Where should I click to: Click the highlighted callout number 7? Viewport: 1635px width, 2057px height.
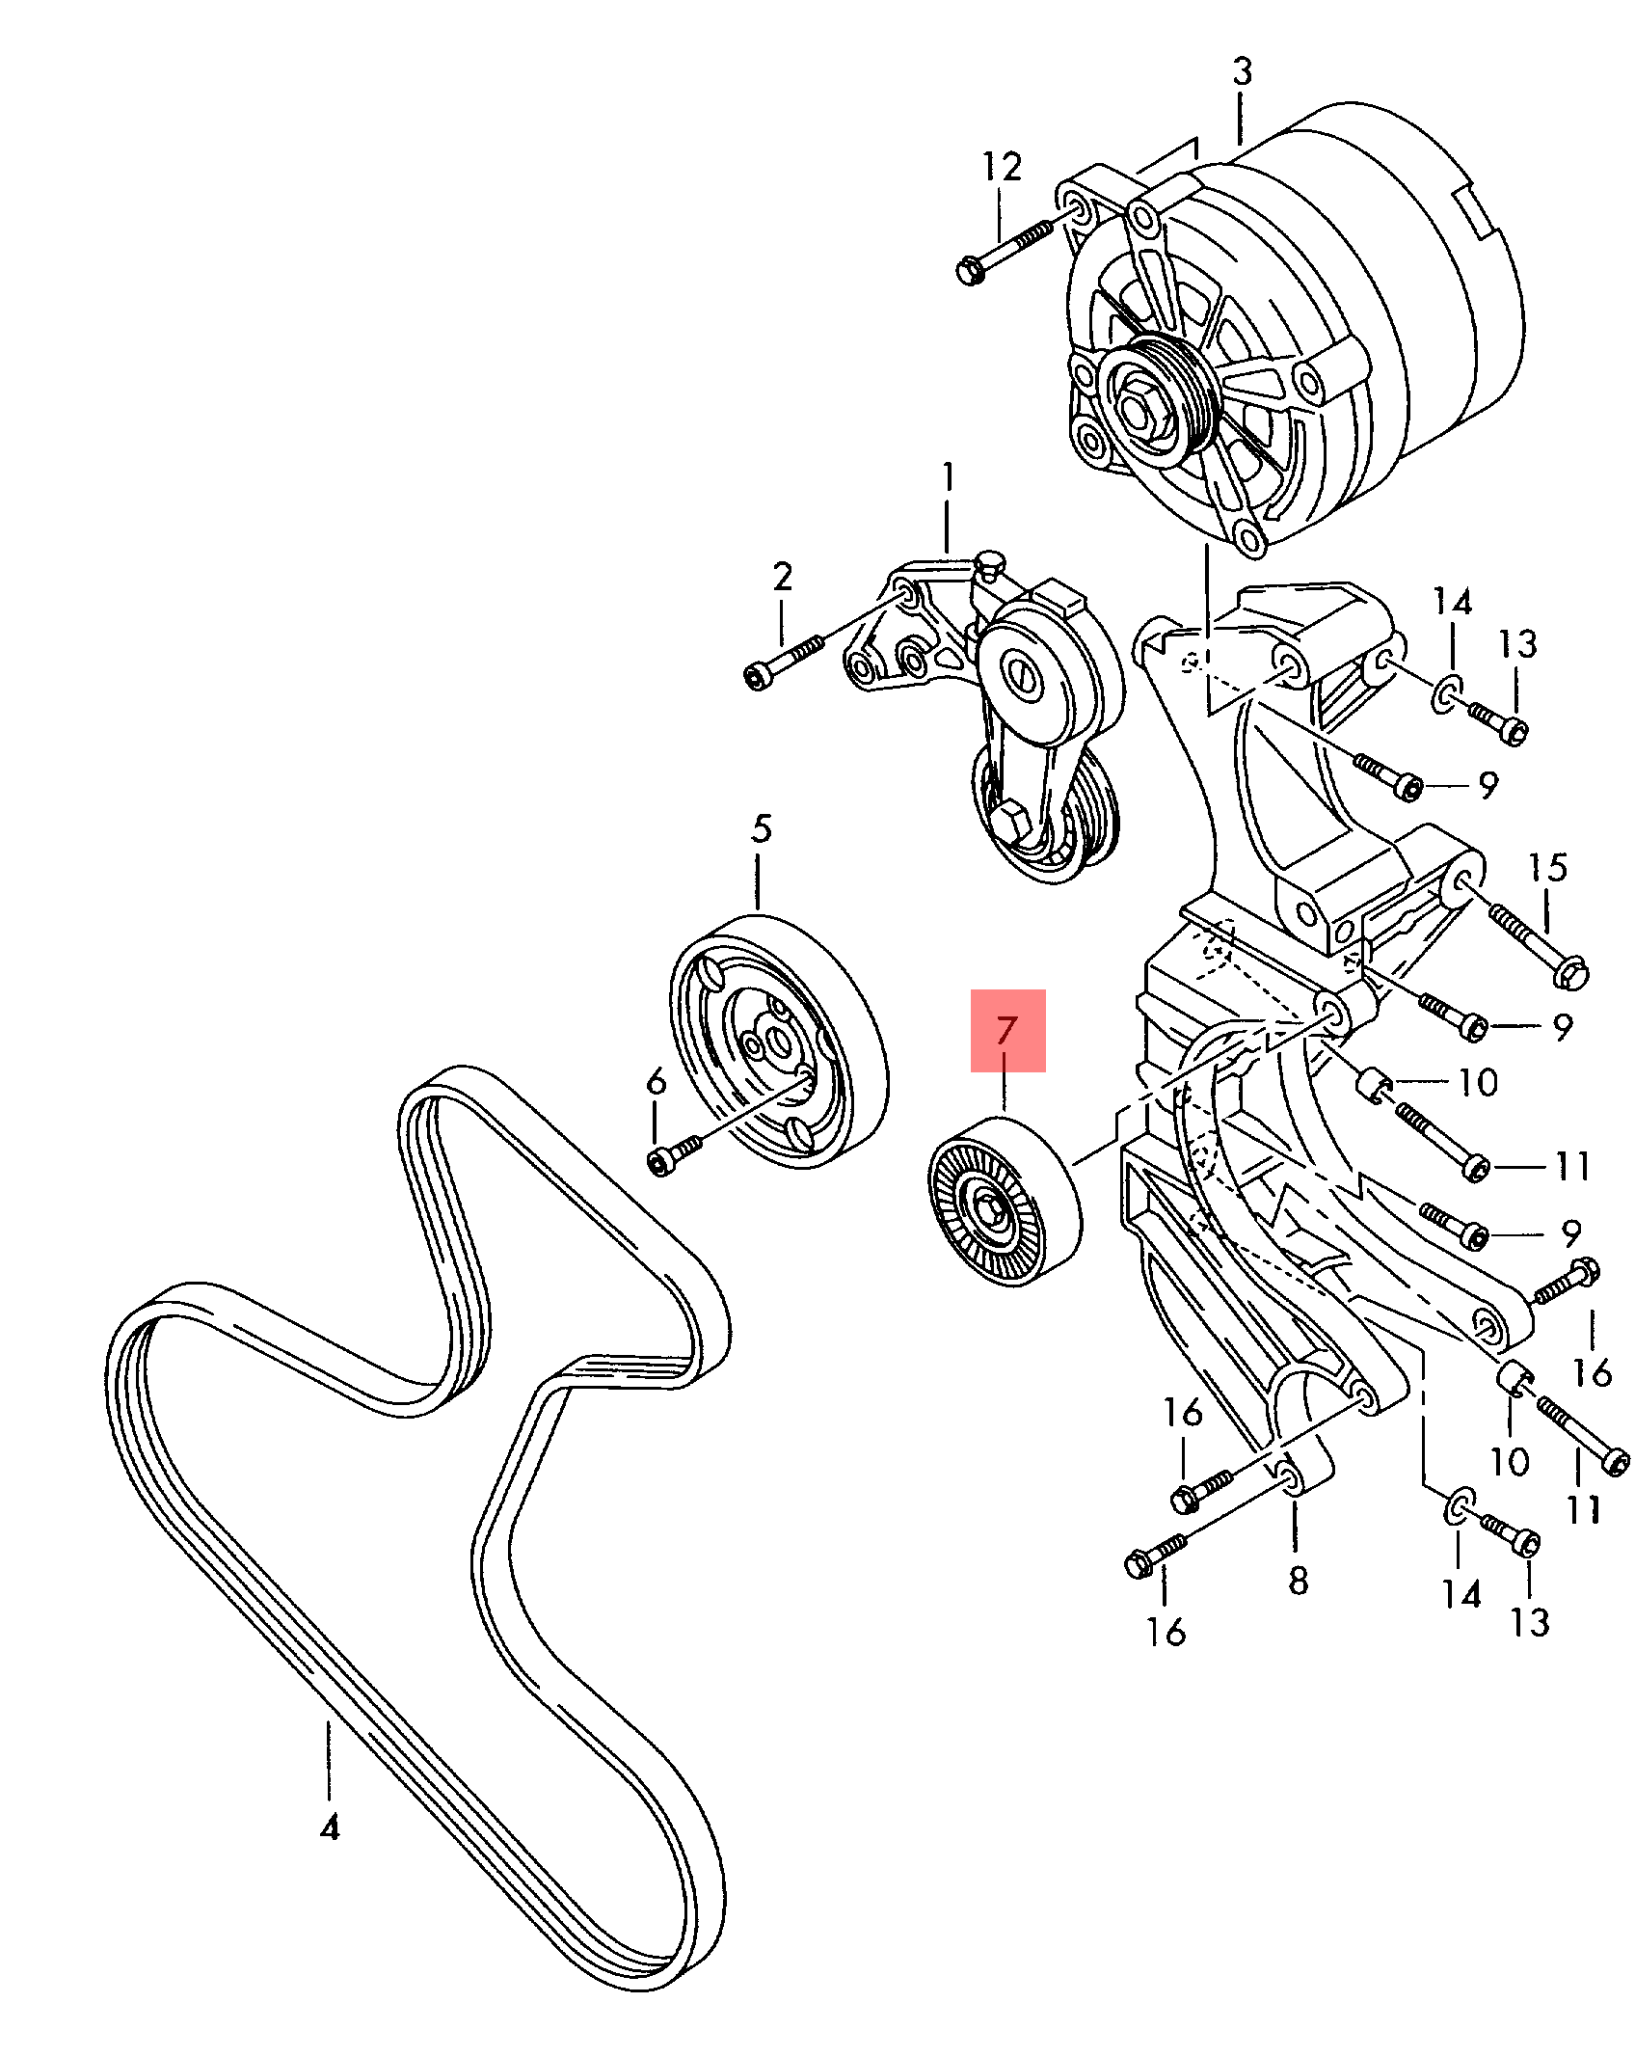coord(1006,1030)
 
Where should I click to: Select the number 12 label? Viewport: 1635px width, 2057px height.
coord(1002,167)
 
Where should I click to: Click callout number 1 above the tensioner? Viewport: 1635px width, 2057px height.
coord(949,476)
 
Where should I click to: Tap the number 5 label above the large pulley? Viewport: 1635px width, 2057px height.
coord(762,828)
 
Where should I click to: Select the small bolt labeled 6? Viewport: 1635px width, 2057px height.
coord(677,1153)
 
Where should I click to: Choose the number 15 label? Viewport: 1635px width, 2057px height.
coord(1547,867)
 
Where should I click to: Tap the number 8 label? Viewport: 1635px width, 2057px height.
coord(1299,1580)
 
